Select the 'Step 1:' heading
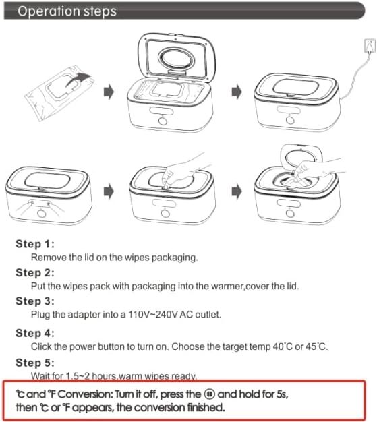pyautogui.click(x=35, y=244)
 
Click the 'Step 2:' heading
pyautogui.click(x=35, y=273)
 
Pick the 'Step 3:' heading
pyautogui.click(x=35, y=301)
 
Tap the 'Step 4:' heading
pyautogui.click(x=35, y=332)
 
